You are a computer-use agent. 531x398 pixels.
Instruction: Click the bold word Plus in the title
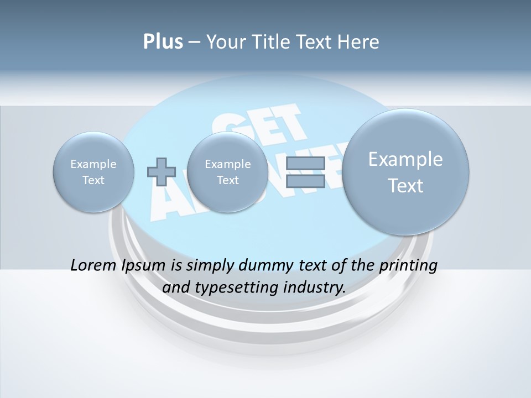[163, 42]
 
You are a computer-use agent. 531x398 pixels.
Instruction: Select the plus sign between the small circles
[162, 171]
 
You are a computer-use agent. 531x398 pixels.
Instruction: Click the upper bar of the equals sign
[305, 164]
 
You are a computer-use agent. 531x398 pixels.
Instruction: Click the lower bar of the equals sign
[305, 181]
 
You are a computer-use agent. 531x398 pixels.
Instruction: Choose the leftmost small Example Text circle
[93, 172]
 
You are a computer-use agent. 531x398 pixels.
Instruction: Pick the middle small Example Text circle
[227, 172]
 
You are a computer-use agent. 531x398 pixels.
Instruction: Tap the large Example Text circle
[405, 172]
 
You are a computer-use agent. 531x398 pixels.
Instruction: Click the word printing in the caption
[409, 265]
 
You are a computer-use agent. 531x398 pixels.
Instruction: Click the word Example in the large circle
[405, 159]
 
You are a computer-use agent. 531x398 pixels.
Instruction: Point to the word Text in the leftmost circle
[93, 180]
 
